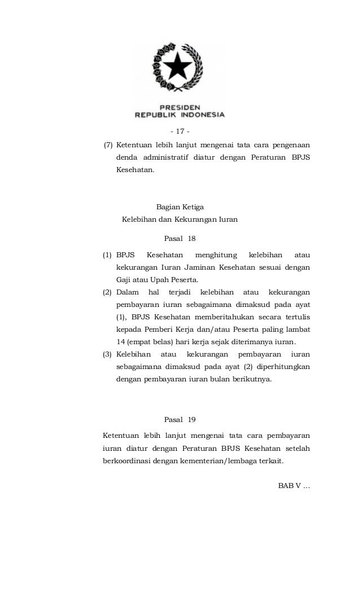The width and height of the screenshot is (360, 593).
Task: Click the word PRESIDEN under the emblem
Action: point(180,106)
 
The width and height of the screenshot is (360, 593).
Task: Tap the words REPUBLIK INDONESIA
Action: point(179,114)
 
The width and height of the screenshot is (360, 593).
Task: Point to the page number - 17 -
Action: point(179,132)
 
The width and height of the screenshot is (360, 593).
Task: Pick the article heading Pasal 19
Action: point(179,420)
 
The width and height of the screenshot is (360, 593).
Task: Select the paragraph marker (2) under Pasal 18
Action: point(107,292)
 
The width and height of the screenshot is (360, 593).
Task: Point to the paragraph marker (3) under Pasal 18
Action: point(107,354)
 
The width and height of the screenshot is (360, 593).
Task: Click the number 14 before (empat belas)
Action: point(120,342)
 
